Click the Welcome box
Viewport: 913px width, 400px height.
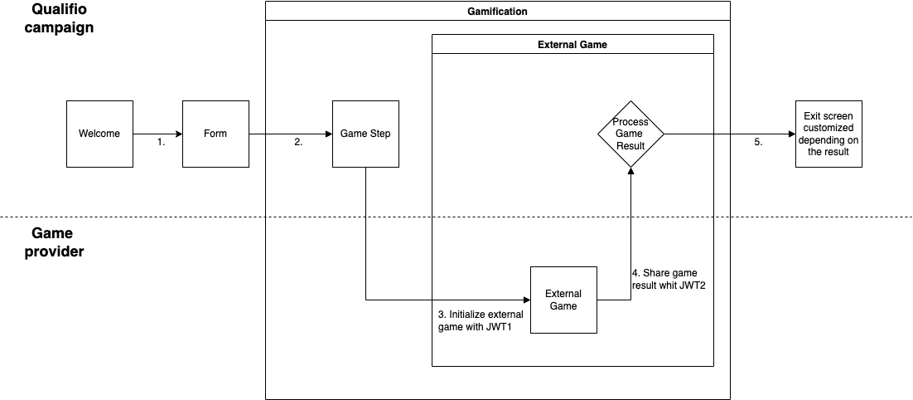(99, 134)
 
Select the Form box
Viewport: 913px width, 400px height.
(215, 134)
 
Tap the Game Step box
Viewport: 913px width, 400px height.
(365, 134)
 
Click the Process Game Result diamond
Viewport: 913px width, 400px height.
(630, 134)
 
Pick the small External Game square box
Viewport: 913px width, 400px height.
(563, 300)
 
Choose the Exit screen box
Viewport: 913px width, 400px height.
(828, 134)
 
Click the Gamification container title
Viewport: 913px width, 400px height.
(497, 12)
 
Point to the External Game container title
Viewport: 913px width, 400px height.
(572, 45)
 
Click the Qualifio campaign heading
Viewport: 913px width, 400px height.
(62, 18)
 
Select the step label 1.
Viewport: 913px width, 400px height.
(162, 143)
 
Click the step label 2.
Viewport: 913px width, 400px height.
(298, 143)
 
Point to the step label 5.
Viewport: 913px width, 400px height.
(758, 143)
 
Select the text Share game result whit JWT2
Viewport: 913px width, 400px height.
(668, 279)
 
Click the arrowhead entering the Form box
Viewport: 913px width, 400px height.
(178, 134)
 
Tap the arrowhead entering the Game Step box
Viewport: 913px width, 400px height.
(327, 134)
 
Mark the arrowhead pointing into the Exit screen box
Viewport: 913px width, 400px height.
(790, 134)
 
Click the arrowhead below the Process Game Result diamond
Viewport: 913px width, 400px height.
(630, 172)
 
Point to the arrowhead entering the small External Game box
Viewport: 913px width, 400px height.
(525, 300)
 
